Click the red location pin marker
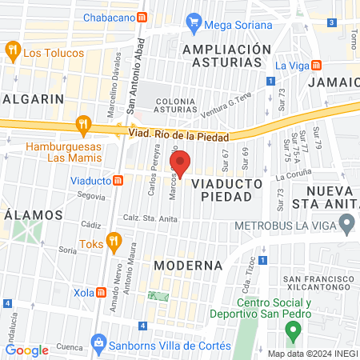181,164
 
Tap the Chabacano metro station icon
142,17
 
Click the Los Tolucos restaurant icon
13,52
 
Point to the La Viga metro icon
317,64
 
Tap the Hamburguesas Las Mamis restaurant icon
81,124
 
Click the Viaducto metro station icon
118,181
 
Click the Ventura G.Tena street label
226,106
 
